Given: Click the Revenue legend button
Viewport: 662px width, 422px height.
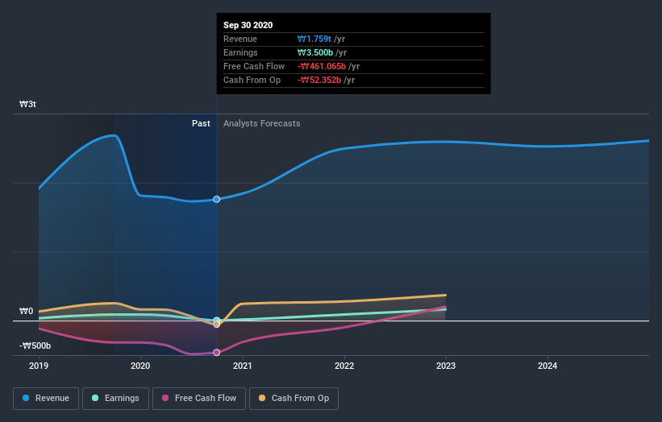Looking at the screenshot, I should point(47,398).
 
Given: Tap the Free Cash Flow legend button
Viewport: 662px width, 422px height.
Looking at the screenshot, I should point(198,398).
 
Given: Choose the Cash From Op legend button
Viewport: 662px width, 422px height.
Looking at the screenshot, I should point(294,398).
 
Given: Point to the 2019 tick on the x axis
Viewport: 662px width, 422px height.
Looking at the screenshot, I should point(39,365).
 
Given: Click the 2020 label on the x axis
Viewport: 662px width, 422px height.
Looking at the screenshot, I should point(140,365).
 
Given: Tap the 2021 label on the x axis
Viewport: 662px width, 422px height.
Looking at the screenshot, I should point(242,365).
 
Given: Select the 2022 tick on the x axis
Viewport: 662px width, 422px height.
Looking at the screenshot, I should point(344,365).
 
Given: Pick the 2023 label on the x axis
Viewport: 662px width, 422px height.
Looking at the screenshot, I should point(446,365).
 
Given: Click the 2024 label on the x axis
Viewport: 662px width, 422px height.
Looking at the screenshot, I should point(548,365).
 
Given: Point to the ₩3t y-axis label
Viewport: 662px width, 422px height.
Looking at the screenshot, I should point(28,105).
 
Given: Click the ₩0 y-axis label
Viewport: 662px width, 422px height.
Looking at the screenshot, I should point(27,312).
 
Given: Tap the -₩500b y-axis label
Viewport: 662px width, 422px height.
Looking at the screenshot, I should point(35,345).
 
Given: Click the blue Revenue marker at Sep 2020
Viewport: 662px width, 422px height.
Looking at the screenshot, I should point(217,199).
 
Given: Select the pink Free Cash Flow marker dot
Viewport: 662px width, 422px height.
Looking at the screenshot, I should point(217,352).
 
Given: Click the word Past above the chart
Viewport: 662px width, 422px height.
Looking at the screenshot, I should point(201,123).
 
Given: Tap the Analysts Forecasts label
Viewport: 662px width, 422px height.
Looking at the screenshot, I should point(261,123).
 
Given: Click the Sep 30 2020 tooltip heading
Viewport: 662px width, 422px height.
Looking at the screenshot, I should point(248,25).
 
